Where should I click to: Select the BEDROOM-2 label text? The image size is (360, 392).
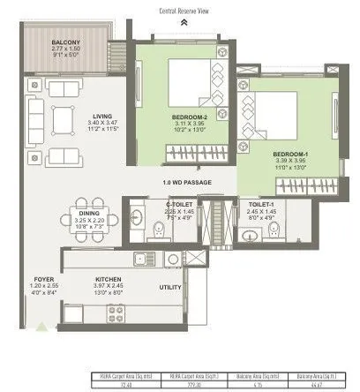click(189, 117)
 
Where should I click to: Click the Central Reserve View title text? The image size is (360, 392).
click(183, 11)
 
